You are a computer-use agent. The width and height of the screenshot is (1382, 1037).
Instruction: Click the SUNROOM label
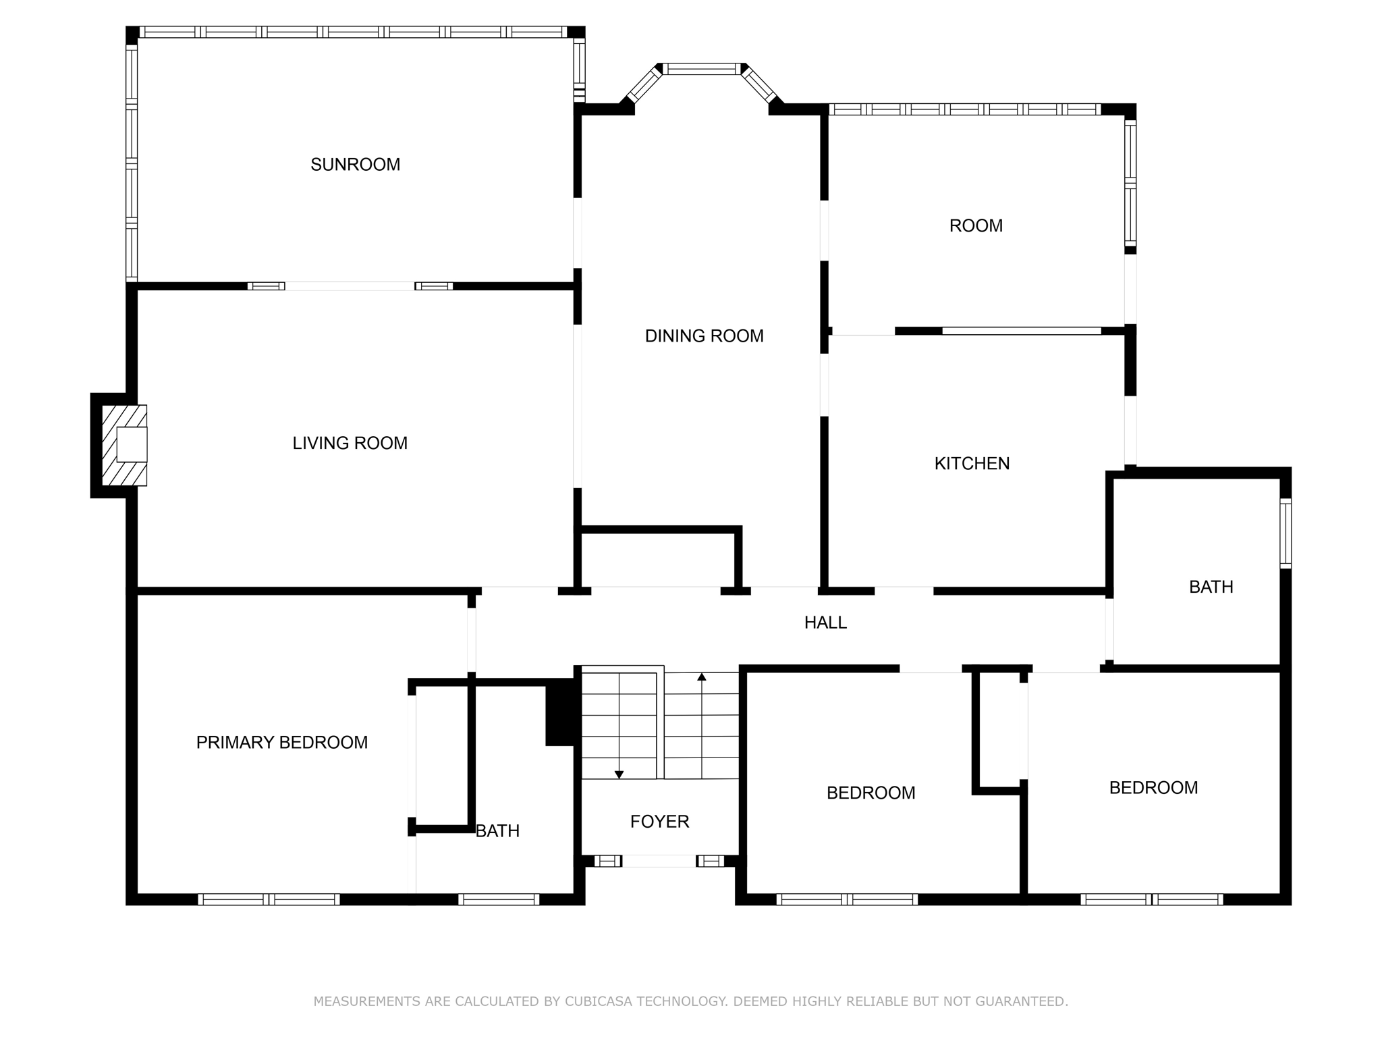point(355,165)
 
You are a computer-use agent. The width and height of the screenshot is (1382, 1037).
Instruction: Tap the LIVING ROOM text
point(350,444)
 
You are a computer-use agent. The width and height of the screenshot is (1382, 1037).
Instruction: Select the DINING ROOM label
point(704,336)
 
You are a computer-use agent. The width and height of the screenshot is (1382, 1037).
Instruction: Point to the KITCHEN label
point(972,464)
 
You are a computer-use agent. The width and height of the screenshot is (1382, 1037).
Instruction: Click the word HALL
point(825,623)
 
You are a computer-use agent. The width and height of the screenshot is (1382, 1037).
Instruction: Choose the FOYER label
point(659,822)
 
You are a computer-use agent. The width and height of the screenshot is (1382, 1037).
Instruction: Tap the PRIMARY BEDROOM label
point(281,743)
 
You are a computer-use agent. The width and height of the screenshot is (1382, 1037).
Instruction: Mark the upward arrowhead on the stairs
point(702,676)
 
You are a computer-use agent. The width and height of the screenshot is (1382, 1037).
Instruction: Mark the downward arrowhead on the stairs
point(619,774)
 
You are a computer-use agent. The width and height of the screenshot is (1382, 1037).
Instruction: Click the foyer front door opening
point(659,861)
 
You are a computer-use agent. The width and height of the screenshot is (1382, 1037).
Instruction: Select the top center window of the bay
point(701,69)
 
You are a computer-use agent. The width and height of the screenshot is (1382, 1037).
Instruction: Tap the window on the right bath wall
point(1286,533)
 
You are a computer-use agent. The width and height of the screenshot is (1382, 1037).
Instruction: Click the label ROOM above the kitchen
point(976,226)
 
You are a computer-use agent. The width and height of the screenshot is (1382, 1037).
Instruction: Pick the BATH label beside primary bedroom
point(497,831)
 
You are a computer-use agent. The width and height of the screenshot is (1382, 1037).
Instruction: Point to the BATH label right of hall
point(1211,587)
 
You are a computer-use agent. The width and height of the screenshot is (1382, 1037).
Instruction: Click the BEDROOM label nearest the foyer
point(870,793)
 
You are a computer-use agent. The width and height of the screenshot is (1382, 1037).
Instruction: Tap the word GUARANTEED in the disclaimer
point(1018,1002)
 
